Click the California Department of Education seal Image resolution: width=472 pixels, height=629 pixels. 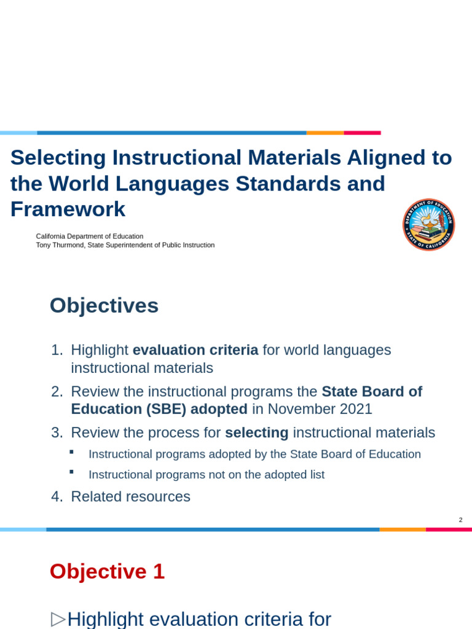pyautogui.click(x=428, y=225)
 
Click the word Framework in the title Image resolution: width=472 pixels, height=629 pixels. pyautogui.click(x=68, y=209)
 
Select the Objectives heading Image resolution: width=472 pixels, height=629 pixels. pyautogui.click(x=104, y=305)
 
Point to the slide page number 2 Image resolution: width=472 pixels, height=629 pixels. pyautogui.click(x=460, y=520)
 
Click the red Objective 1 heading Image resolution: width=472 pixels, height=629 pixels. pyautogui.click(x=107, y=571)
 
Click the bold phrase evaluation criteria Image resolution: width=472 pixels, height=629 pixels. pyautogui.click(x=195, y=350)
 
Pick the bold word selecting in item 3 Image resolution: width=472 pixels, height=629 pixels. pyautogui.click(x=256, y=432)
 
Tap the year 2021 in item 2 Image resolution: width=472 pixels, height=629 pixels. pyautogui.click(x=353, y=409)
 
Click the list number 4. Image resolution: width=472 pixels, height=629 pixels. pyautogui.click(x=57, y=496)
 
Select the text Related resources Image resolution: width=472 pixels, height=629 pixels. pyautogui.click(x=130, y=496)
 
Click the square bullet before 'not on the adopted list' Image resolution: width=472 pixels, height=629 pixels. pyautogui.click(x=71, y=472)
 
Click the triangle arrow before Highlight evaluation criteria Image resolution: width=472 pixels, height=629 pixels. pyautogui.click(x=58, y=619)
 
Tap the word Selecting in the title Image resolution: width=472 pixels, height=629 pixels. pyautogui.click(x=58, y=158)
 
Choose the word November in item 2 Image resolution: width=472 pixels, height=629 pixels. pyautogui.click(x=297, y=409)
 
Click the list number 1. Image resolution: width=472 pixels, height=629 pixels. pyautogui.click(x=57, y=350)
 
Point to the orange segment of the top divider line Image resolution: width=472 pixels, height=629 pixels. pyautogui.click(x=325, y=133)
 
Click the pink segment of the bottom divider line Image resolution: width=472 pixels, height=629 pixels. pyautogui.click(x=449, y=529)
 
